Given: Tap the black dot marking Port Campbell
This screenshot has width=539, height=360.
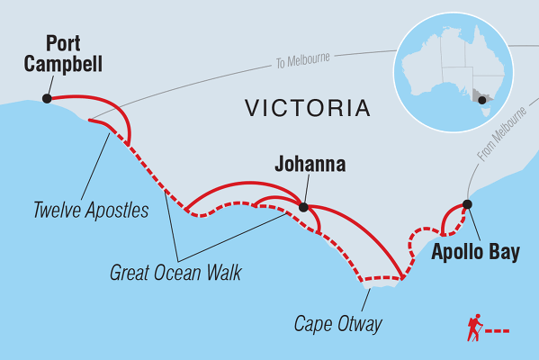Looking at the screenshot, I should pyautogui.click(x=46, y=99).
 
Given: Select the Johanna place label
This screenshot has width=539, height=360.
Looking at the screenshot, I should pyautogui.click(x=310, y=166).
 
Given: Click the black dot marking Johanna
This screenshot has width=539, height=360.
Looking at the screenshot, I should pyautogui.click(x=303, y=208).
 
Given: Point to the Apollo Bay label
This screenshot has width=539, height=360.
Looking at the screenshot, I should pyautogui.click(x=476, y=253).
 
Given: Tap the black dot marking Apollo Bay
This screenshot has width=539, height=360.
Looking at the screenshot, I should pyautogui.click(x=466, y=204).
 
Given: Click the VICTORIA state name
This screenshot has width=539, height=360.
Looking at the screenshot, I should pyautogui.click(x=308, y=110).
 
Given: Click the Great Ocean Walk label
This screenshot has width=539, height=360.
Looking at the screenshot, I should pyautogui.click(x=175, y=270).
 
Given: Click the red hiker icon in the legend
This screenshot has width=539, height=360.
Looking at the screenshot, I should pyautogui.click(x=473, y=329).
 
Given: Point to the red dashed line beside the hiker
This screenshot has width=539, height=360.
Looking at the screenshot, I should pyautogui.click(x=499, y=331).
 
